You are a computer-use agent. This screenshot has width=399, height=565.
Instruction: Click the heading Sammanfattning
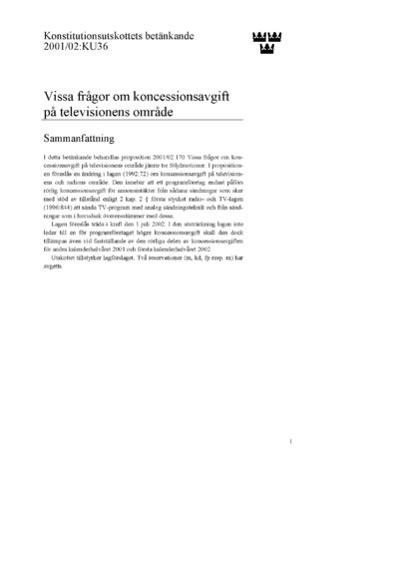pos(87,140)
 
